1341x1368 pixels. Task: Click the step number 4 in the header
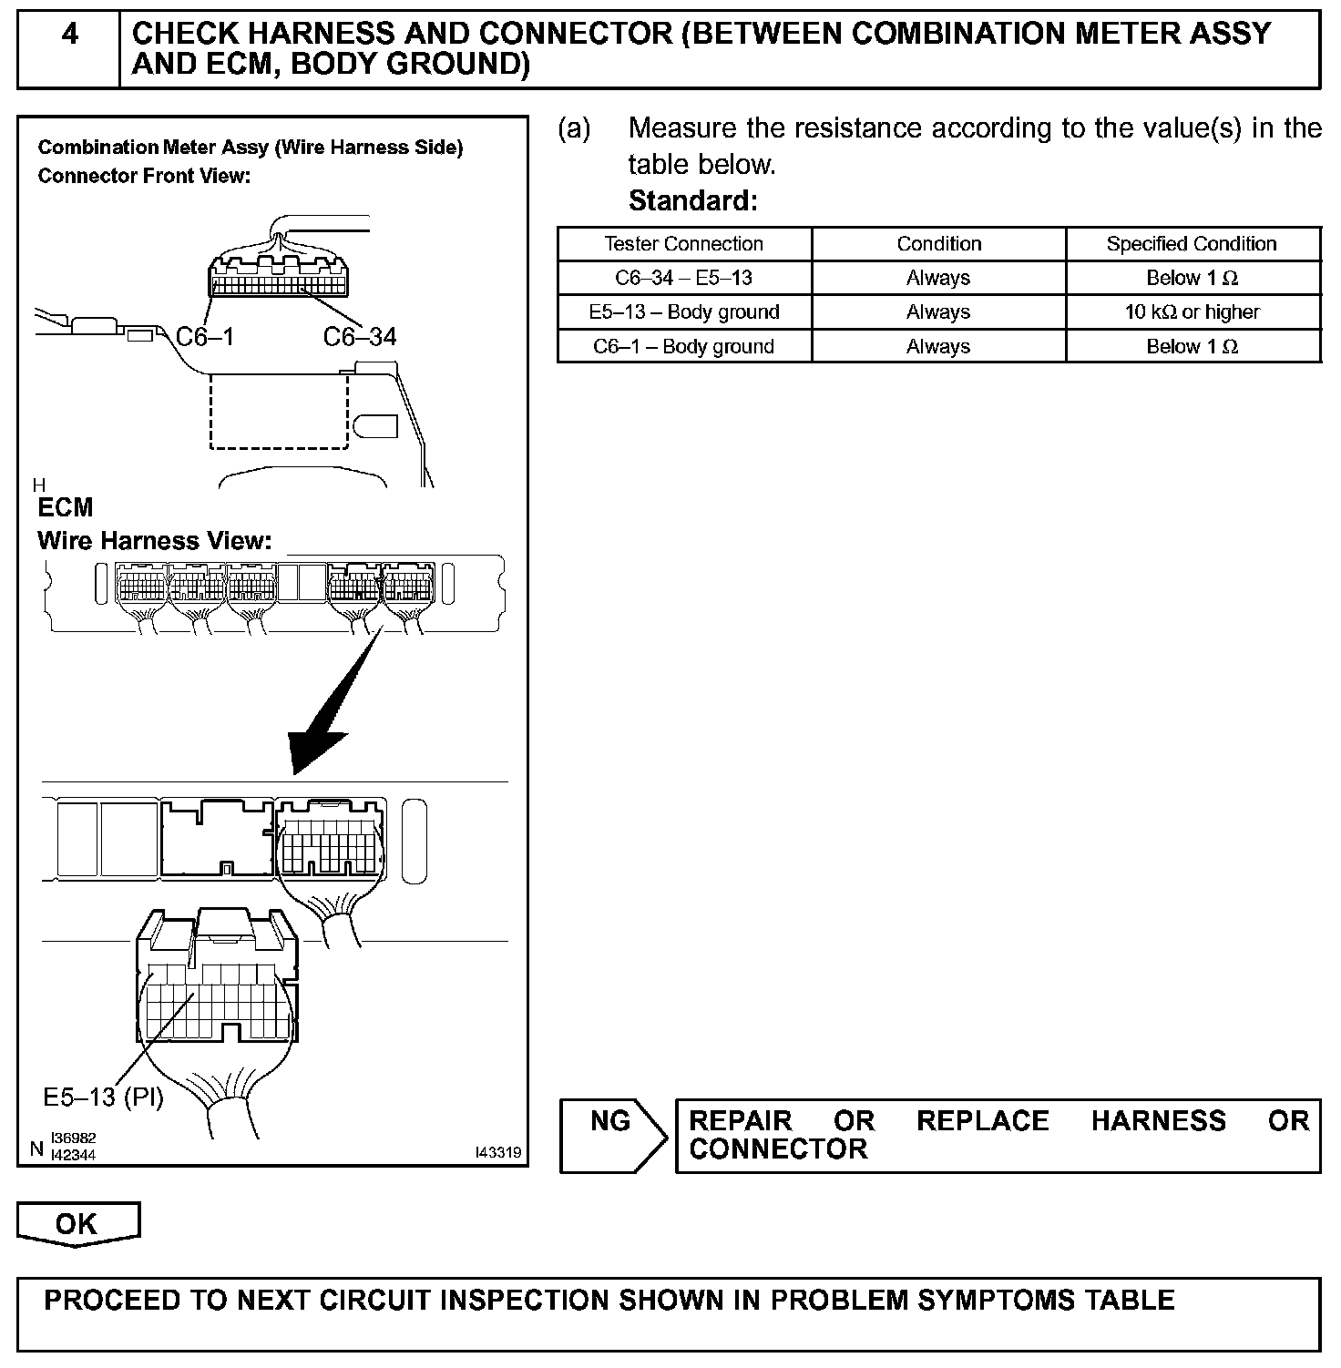coord(69,35)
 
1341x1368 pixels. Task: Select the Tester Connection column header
coord(683,244)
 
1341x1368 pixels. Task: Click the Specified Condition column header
coord(1192,244)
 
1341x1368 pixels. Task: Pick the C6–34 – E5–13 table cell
coord(683,278)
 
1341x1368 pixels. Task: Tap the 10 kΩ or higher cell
coord(1192,312)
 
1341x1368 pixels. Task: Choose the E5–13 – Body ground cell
coord(683,312)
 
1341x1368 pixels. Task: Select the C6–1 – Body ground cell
coord(683,347)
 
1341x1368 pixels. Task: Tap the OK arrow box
coord(77,1224)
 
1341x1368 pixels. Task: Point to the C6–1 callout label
coord(205,338)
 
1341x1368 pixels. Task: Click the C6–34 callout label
coord(360,338)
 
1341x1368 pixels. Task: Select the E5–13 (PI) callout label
coord(103,1097)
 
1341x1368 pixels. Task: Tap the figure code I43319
coord(498,1153)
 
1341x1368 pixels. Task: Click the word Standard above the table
coord(692,200)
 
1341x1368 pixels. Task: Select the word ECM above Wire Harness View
coord(65,507)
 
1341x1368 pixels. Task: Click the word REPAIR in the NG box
coord(740,1120)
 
